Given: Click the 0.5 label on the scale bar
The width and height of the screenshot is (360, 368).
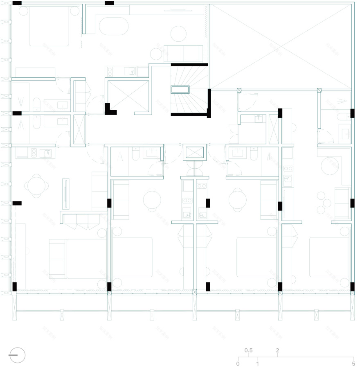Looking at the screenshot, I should [x=248, y=351].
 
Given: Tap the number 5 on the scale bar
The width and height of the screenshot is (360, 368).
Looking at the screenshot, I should [x=353, y=363].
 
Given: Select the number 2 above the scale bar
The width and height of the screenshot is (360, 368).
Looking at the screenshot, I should [x=277, y=351].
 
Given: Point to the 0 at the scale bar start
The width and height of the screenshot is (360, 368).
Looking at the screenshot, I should [x=238, y=363].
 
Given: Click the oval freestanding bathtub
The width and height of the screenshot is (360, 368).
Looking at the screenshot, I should [x=114, y=26].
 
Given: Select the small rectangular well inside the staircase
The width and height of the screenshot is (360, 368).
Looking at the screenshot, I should [x=180, y=90].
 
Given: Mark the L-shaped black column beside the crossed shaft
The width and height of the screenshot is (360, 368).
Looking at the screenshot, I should [x=110, y=109].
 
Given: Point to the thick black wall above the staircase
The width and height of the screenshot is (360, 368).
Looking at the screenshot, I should [x=189, y=65].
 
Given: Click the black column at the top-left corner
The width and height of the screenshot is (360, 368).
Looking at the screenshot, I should [x=17, y=3].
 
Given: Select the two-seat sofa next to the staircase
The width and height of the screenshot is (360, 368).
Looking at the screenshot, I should [x=183, y=53].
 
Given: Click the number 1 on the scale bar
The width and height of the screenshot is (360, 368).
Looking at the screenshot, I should [x=258, y=363].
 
